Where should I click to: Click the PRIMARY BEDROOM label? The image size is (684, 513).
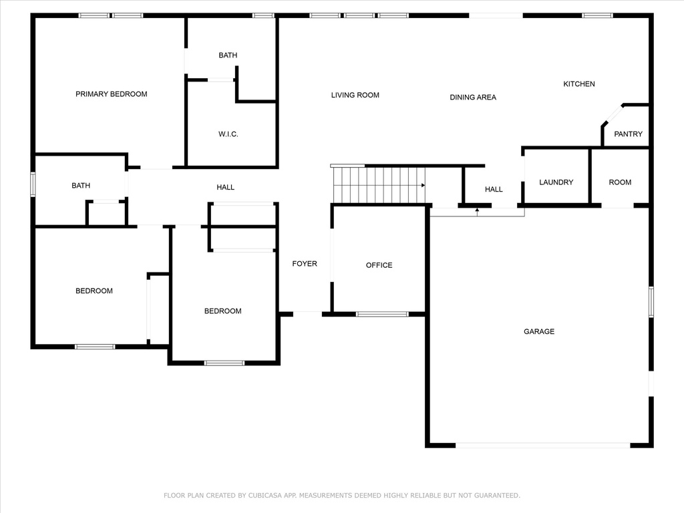(x=112, y=94)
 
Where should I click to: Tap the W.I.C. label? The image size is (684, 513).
(x=228, y=134)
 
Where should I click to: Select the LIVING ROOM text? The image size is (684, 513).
(x=355, y=95)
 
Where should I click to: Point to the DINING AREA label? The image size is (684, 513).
(x=473, y=98)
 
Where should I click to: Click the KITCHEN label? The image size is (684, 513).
(x=579, y=84)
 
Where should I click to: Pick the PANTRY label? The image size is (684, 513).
(x=628, y=134)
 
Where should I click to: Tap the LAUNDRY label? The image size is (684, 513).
(x=556, y=182)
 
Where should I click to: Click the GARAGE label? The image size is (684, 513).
(x=539, y=331)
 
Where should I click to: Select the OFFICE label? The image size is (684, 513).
(x=379, y=265)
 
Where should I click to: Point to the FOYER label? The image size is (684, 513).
(x=305, y=264)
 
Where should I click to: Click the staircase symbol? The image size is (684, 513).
(x=379, y=185)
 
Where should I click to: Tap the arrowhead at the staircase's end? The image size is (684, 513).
(x=423, y=186)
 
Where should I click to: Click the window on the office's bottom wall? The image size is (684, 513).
(x=382, y=314)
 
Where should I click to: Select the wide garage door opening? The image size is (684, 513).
(x=542, y=446)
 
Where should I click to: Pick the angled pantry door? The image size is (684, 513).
(x=613, y=115)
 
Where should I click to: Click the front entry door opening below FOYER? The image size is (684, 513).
(x=307, y=314)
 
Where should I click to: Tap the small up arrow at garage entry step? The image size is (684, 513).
(x=477, y=212)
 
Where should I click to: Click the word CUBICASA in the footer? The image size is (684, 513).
(x=265, y=496)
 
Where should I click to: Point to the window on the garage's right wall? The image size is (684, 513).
(x=651, y=301)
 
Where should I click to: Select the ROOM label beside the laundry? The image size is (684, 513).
(x=620, y=182)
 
